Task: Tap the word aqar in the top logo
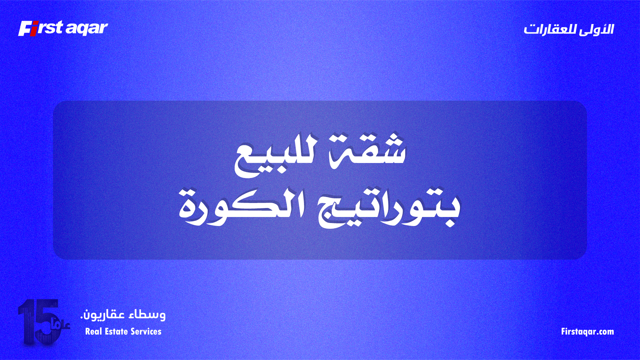(86, 29)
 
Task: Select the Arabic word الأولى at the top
(596, 29)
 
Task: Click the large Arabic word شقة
(367, 152)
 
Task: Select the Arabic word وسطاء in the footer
(147, 314)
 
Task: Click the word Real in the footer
(93, 331)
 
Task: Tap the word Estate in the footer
(116, 331)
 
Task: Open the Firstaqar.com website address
(587, 332)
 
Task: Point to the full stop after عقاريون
(82, 318)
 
